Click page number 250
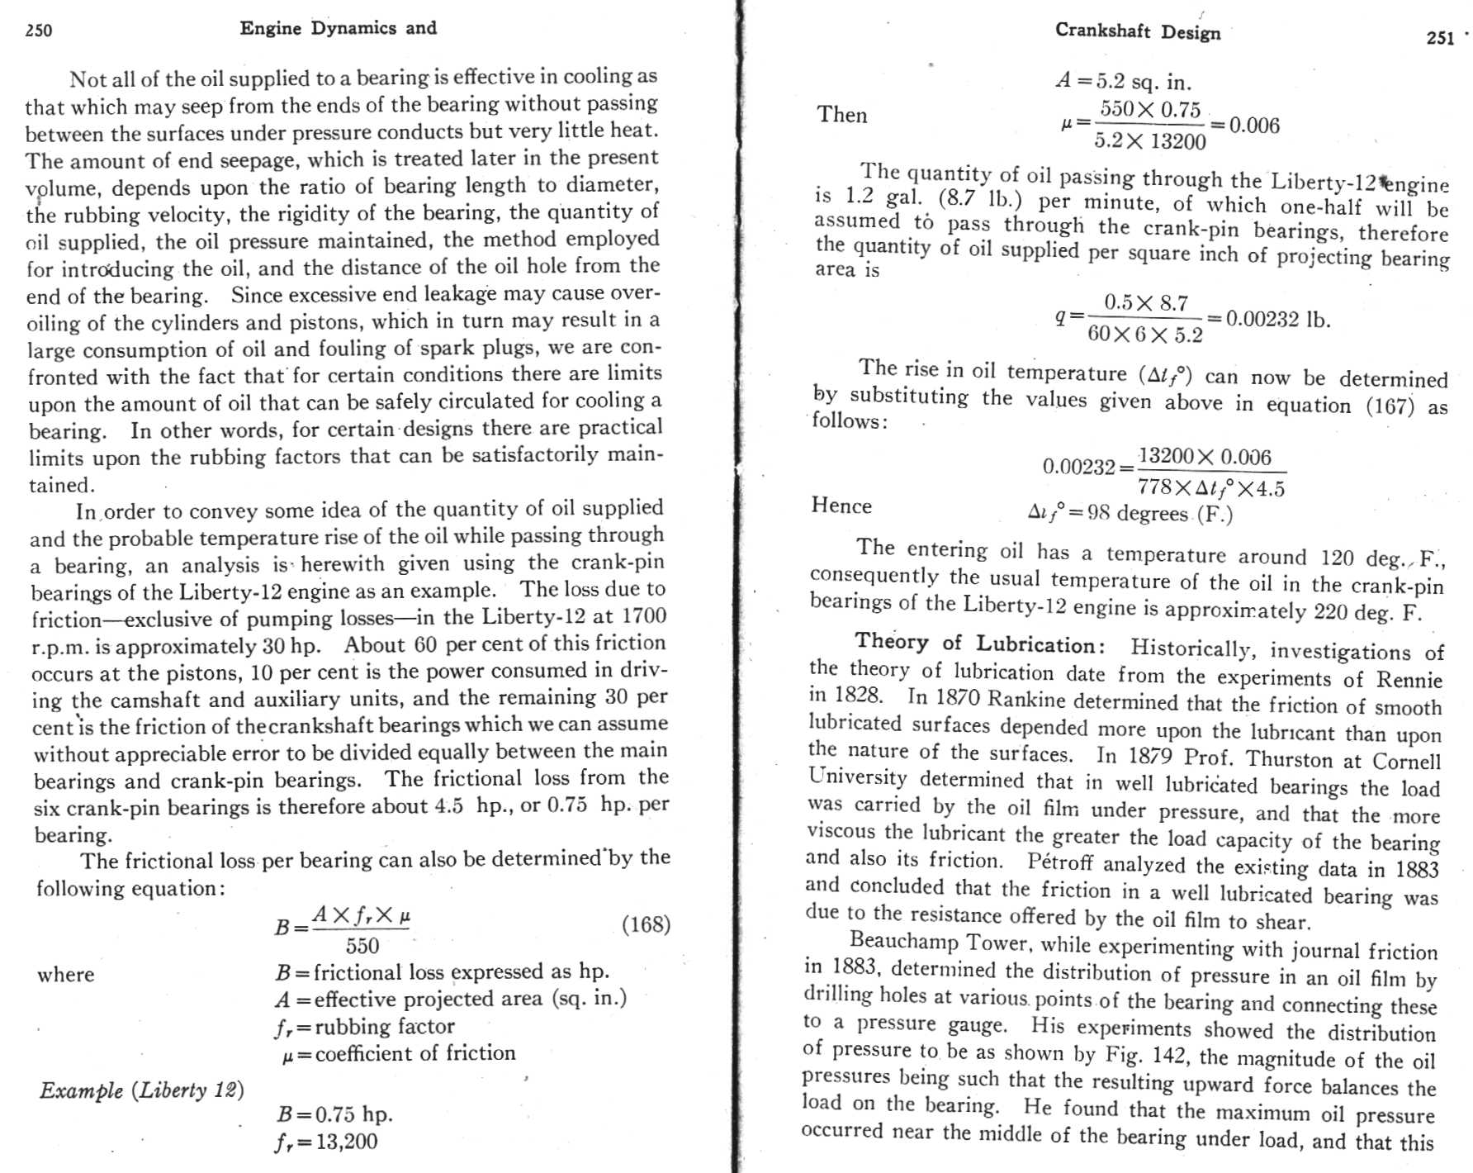(x=38, y=31)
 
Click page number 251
(x=1440, y=38)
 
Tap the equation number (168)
(x=646, y=924)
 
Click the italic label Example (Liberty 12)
(x=142, y=1090)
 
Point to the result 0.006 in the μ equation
(x=1254, y=126)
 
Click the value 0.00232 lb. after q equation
(x=1278, y=320)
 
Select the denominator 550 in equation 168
(x=362, y=946)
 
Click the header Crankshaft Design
(x=1137, y=31)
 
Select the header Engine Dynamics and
(x=338, y=28)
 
